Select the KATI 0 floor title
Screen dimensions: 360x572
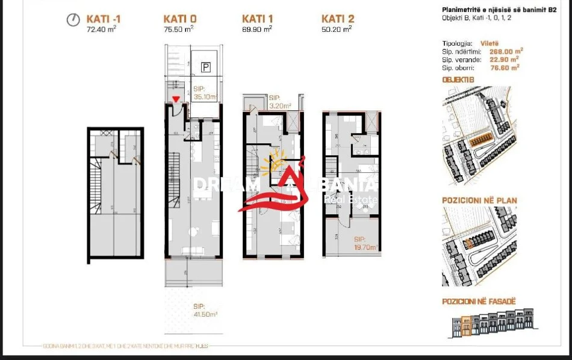(179, 19)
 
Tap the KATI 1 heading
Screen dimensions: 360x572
(258, 19)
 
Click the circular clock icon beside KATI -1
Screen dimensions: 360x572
(73, 20)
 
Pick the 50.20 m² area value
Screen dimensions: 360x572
(337, 28)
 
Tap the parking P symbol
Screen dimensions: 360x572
(206, 68)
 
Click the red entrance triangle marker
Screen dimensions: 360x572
(176, 100)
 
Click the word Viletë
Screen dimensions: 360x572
(490, 43)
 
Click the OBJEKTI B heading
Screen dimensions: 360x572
(458, 79)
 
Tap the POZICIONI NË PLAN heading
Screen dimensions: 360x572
(479, 200)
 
